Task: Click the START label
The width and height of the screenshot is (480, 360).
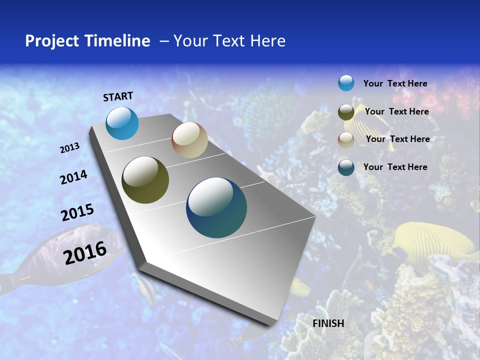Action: tap(118, 96)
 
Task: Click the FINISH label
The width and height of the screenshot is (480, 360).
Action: tap(328, 323)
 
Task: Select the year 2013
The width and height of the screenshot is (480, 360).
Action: tap(70, 148)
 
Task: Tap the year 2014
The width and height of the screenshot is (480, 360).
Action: tap(73, 177)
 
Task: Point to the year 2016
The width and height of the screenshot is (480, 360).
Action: tap(85, 252)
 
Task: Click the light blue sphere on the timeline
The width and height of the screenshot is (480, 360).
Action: tap(122, 123)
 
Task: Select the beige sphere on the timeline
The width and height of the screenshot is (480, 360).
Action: tap(189, 140)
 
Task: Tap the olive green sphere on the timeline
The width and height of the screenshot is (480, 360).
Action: tap(145, 180)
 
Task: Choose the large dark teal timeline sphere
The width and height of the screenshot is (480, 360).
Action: tap(216, 207)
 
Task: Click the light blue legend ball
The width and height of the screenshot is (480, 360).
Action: tap(346, 83)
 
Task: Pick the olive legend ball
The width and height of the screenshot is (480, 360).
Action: tap(346, 112)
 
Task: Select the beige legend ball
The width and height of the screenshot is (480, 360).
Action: tap(346, 140)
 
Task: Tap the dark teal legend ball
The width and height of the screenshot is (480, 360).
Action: tap(346, 167)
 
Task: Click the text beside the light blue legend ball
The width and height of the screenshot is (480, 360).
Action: tap(395, 84)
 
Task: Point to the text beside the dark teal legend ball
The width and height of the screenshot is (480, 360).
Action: tap(395, 167)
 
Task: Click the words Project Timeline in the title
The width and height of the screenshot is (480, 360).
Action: tap(87, 41)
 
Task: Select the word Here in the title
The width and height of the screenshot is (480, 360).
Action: tap(267, 41)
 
